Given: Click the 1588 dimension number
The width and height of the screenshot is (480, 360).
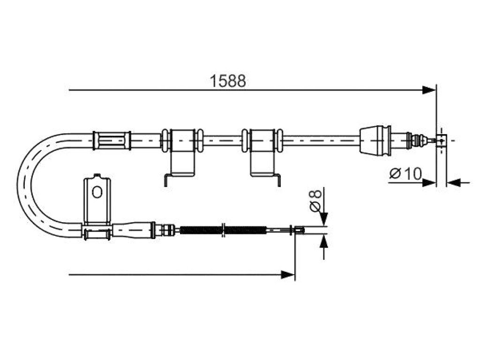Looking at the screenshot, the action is pyautogui.click(x=228, y=81).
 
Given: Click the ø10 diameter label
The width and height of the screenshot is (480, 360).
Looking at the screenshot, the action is pyautogui.click(x=405, y=174).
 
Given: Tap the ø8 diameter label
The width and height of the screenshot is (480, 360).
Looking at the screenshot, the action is pyautogui.click(x=315, y=200).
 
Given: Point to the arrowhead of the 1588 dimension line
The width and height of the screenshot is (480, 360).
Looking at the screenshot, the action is pyautogui.click(x=428, y=90).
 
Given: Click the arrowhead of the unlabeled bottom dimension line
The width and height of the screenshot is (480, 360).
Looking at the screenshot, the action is pyautogui.click(x=288, y=275).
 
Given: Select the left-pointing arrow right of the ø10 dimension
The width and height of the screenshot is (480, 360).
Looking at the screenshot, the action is pyautogui.click(x=458, y=183).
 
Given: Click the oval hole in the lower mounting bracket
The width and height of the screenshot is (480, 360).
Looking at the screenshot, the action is pyautogui.click(x=97, y=192).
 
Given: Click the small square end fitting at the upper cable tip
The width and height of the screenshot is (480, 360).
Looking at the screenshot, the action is pyautogui.click(x=441, y=141).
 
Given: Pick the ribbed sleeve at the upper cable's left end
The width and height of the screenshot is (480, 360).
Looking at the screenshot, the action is pyautogui.click(x=112, y=141).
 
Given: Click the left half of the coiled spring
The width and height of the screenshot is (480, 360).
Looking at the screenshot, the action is pyautogui.click(x=201, y=230).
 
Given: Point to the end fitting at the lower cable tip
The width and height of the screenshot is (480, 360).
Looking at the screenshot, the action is pyautogui.click(x=299, y=230).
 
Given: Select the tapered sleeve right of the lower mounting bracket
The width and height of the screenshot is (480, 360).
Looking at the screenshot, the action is pyautogui.click(x=134, y=230).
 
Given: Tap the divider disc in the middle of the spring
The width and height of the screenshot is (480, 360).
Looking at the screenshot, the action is pyautogui.click(x=224, y=230).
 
